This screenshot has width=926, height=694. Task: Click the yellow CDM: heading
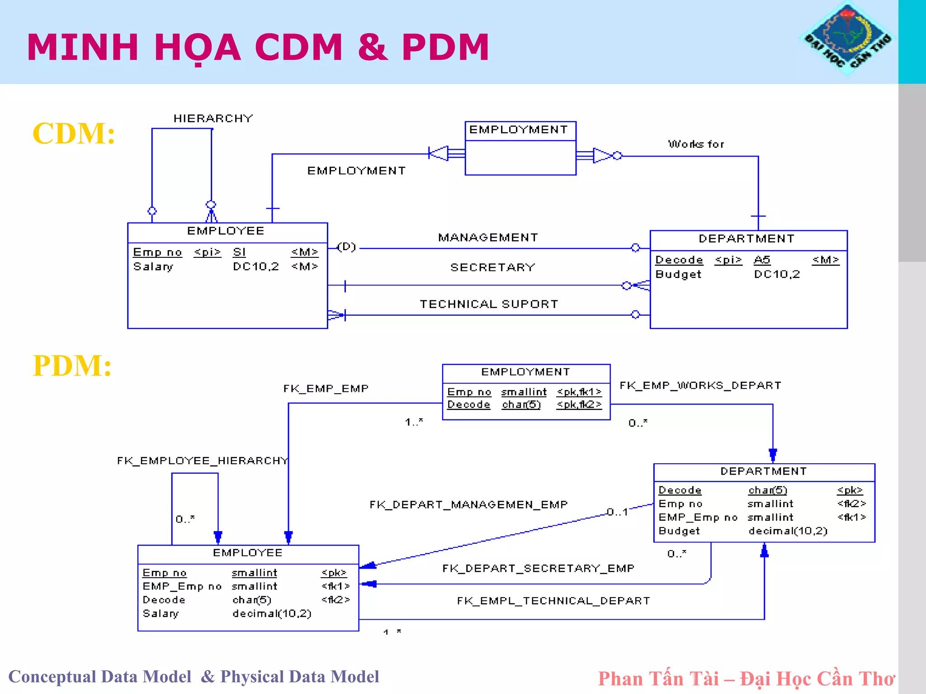pyautogui.click(x=74, y=133)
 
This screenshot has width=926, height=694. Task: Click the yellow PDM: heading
pyautogui.click(x=72, y=366)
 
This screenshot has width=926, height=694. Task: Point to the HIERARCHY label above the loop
pyautogui.click(x=213, y=119)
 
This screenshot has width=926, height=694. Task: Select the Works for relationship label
pyautogui.click(x=696, y=144)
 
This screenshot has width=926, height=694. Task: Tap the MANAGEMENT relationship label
pyautogui.click(x=488, y=238)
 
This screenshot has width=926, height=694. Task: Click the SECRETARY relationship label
pyautogui.click(x=492, y=267)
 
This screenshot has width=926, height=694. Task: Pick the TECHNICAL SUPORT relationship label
pyautogui.click(x=489, y=304)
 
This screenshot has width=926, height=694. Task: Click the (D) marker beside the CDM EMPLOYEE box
pyautogui.click(x=347, y=247)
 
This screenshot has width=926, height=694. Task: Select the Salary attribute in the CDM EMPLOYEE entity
pyautogui.click(x=153, y=266)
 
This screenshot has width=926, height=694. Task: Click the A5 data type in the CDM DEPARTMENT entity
pyautogui.click(x=762, y=260)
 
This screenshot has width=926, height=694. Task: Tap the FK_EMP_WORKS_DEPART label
pyautogui.click(x=700, y=385)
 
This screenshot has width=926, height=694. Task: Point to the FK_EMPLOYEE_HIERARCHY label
pyautogui.click(x=202, y=461)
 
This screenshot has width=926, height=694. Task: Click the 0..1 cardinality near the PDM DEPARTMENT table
pyautogui.click(x=617, y=512)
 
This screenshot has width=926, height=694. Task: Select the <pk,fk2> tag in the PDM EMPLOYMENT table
pyautogui.click(x=579, y=404)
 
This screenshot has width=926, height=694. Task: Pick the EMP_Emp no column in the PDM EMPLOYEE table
pyautogui.click(x=182, y=586)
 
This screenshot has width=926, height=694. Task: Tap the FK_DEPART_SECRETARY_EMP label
pyautogui.click(x=538, y=568)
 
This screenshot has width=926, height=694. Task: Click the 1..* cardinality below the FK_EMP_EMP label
pyautogui.click(x=414, y=422)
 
